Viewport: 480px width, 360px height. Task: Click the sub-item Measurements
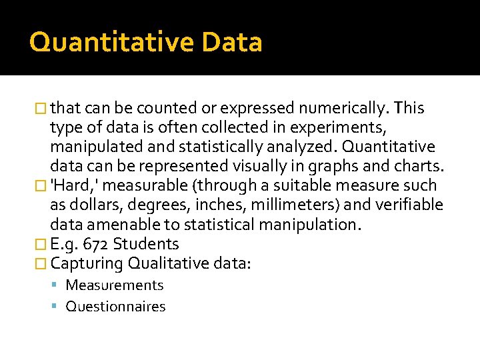coord(115,285)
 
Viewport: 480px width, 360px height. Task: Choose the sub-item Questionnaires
coord(115,307)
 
